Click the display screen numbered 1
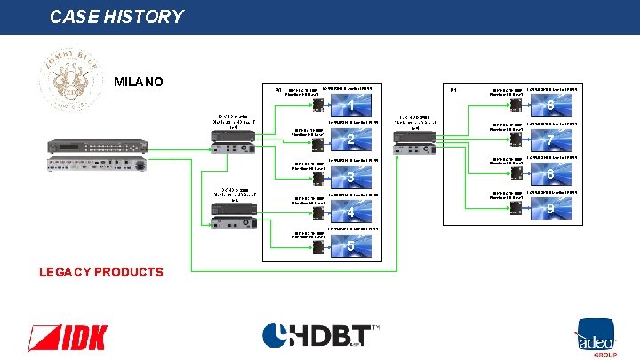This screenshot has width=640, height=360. point(351,106)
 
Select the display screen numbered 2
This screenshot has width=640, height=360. point(351,139)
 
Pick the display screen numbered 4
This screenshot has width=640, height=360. point(351,211)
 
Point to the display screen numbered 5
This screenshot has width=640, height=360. point(351,245)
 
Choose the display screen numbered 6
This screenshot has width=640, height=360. point(551,106)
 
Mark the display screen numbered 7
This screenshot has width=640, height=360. point(551,139)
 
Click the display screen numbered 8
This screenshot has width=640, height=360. point(551,173)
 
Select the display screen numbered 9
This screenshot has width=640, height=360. point(551,208)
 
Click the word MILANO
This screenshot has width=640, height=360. point(139,83)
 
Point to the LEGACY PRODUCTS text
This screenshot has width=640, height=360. point(101,272)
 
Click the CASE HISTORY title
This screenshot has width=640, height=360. point(116,17)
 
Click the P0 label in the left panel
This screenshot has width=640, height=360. point(278,90)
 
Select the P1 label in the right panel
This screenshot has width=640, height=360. point(453,90)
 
